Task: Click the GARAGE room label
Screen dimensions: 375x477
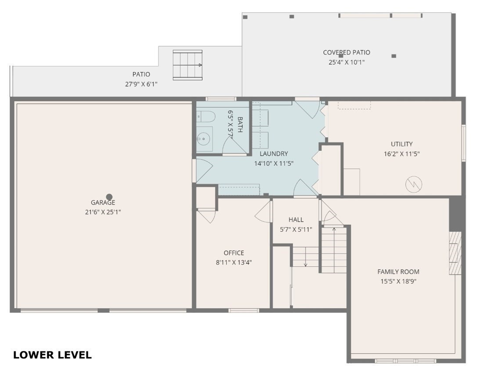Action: coord(103,203)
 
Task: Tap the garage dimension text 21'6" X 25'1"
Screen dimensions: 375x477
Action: coord(103,212)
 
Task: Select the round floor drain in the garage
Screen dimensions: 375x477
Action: coord(109,197)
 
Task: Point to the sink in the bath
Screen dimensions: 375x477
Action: coord(204,139)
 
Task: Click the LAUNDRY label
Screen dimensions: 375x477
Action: coord(274,154)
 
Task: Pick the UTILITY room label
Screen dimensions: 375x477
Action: coord(401,144)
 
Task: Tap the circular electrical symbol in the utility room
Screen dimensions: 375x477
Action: coord(413,185)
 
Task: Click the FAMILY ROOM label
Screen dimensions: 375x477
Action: coord(398,272)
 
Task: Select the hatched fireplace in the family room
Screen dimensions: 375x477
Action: coord(455,253)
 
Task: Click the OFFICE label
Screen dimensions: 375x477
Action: coord(234,253)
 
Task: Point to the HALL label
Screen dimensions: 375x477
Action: coord(296,220)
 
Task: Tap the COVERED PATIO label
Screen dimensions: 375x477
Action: coord(347,53)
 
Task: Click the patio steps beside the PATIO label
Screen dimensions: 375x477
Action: coord(188,65)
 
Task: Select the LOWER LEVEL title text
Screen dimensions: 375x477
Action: coord(52,355)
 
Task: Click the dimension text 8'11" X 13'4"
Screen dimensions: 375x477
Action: coord(234,262)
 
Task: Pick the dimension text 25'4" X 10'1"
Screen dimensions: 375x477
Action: coord(347,62)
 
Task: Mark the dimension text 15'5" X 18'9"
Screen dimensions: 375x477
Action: coord(398,281)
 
